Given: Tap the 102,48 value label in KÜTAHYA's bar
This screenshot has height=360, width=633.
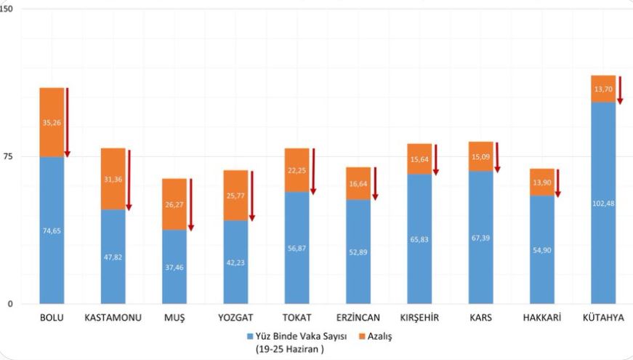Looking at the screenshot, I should [603, 202].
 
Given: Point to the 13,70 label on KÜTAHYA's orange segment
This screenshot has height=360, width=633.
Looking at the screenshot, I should [603, 89].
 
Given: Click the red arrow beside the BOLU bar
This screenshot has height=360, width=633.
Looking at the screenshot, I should [67, 122].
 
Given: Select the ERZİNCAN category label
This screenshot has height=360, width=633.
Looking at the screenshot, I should [358, 318].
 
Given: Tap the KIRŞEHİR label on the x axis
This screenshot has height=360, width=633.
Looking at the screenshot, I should [419, 318].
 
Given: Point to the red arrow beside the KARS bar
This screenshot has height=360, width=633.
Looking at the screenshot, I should [497, 158].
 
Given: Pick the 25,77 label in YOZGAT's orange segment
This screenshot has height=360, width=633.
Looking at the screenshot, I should [235, 196].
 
